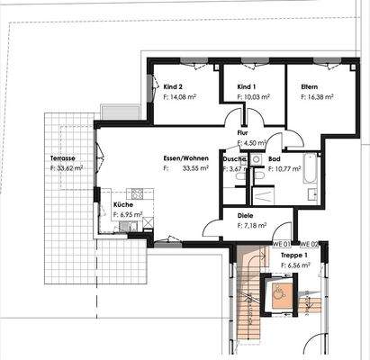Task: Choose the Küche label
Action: click(122, 205)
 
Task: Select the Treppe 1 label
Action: click(293, 256)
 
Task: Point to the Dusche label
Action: click(235, 157)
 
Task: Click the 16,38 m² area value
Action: click(318, 97)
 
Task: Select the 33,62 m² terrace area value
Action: click(68, 167)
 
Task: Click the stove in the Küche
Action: click(138, 193)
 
